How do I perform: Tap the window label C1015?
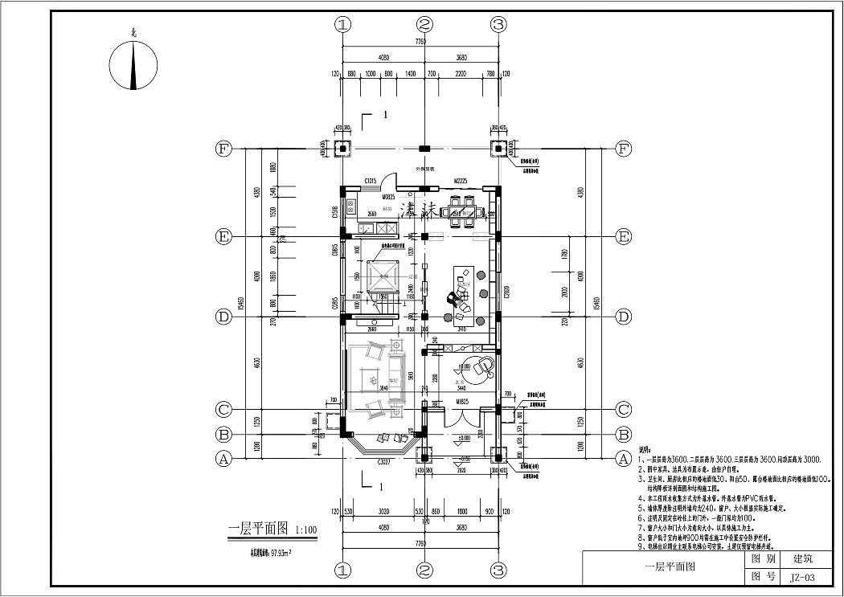[371, 182]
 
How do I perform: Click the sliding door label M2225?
[461, 182]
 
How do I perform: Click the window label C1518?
[335, 212]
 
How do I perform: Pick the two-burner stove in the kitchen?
[354, 206]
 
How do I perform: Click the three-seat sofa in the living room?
[355, 379]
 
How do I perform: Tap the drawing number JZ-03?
[801, 577]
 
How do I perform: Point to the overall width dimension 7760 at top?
[420, 41]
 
